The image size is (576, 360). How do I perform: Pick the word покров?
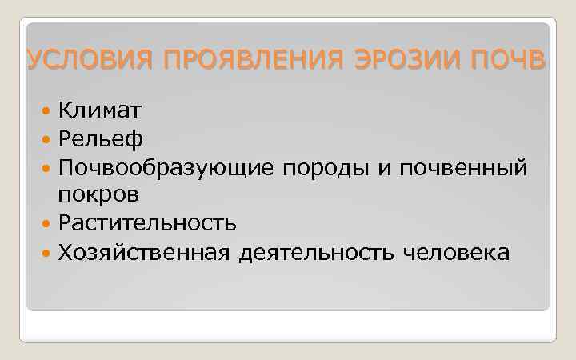(x=98, y=194)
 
